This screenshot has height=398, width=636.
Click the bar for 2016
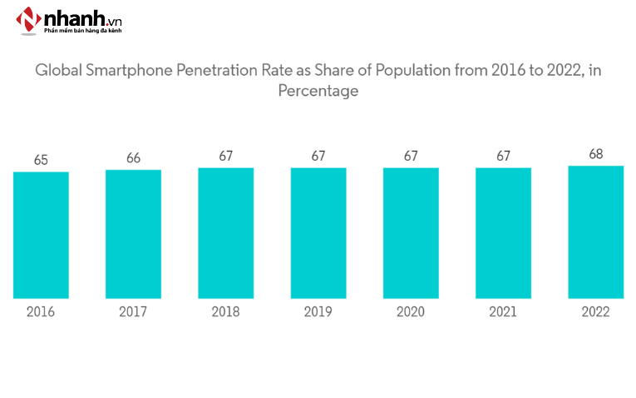click(41, 235)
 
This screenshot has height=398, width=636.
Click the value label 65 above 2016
click(41, 160)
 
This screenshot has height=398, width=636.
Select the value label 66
click(133, 157)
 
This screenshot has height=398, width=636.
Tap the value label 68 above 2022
click(596, 154)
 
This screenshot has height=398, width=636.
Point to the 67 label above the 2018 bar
click(225, 156)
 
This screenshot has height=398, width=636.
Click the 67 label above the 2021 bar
click(503, 156)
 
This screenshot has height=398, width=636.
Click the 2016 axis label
click(41, 312)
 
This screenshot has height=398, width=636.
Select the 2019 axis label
click(318, 312)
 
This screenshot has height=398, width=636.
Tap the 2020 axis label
click(411, 312)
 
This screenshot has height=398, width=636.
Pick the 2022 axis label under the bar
click(596, 312)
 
